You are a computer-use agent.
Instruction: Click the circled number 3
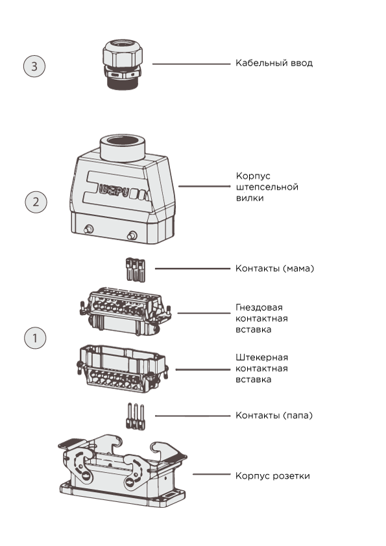click(x=34, y=66)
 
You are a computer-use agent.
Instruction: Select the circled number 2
click(x=36, y=202)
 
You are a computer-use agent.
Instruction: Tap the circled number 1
click(x=35, y=338)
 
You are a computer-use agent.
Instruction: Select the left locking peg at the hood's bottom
click(x=88, y=229)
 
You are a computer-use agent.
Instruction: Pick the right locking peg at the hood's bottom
click(x=132, y=235)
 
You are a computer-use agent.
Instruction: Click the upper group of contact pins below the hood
click(x=136, y=270)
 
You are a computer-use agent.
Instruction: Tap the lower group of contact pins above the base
click(x=135, y=416)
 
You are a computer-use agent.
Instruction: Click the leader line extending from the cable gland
click(x=191, y=64)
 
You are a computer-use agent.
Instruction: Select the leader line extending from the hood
click(x=204, y=186)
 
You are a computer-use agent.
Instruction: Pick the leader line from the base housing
click(x=211, y=475)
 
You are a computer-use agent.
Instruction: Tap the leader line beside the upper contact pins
click(x=193, y=268)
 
